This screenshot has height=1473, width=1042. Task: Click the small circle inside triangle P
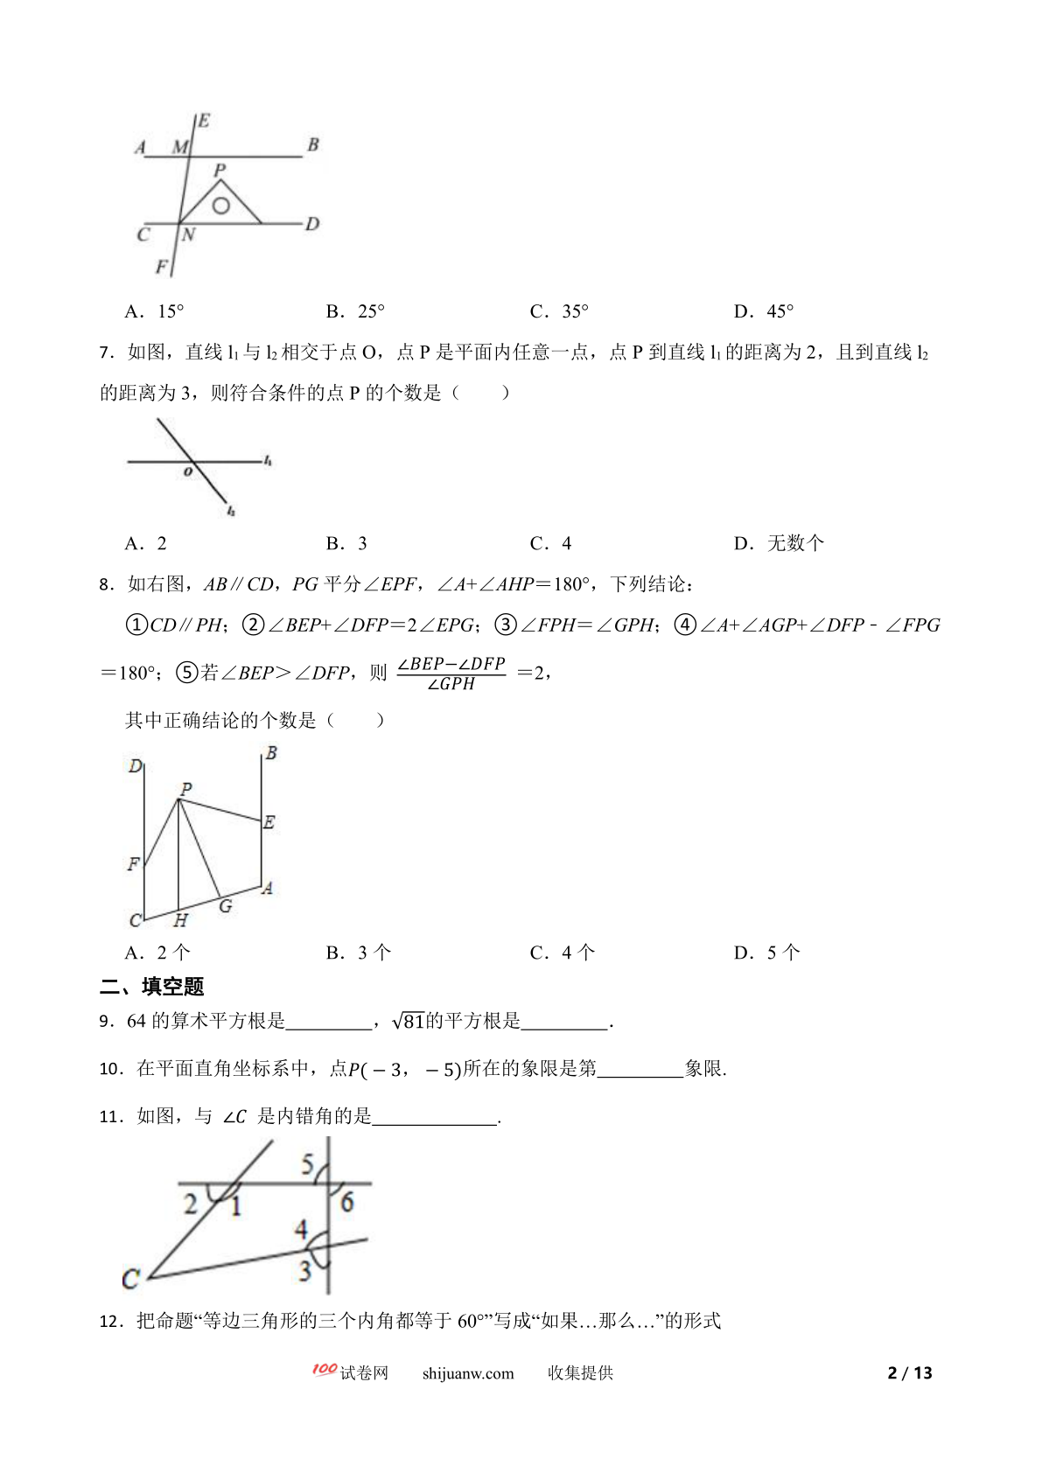coord(221,206)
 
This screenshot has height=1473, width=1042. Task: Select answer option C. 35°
coord(559,311)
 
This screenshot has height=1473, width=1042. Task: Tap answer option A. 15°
coord(154,311)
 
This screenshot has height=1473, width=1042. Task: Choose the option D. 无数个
coord(779,543)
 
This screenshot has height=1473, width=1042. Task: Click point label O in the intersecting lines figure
coord(187,472)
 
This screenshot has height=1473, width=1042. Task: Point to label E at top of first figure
coord(203,121)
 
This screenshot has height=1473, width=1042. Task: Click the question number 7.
coord(106,353)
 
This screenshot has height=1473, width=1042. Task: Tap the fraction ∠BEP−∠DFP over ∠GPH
coord(451,674)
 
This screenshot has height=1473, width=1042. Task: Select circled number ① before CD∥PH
coord(136,625)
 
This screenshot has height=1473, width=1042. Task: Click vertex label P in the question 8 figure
coord(185,789)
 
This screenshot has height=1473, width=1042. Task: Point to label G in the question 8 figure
coord(226,906)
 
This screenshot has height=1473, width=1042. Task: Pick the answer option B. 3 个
coord(359,953)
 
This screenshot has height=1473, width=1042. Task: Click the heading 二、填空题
coord(152,987)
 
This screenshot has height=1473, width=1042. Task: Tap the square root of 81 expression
coord(409,1021)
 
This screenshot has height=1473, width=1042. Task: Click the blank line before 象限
coord(640,1069)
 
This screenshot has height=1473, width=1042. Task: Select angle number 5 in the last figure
coord(308,1163)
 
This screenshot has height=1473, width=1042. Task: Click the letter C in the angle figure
coord(130,1280)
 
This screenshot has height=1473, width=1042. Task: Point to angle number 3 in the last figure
coord(304,1270)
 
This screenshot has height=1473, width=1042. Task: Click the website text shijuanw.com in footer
coord(468,1373)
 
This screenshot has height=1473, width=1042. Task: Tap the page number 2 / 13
coord(910,1373)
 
